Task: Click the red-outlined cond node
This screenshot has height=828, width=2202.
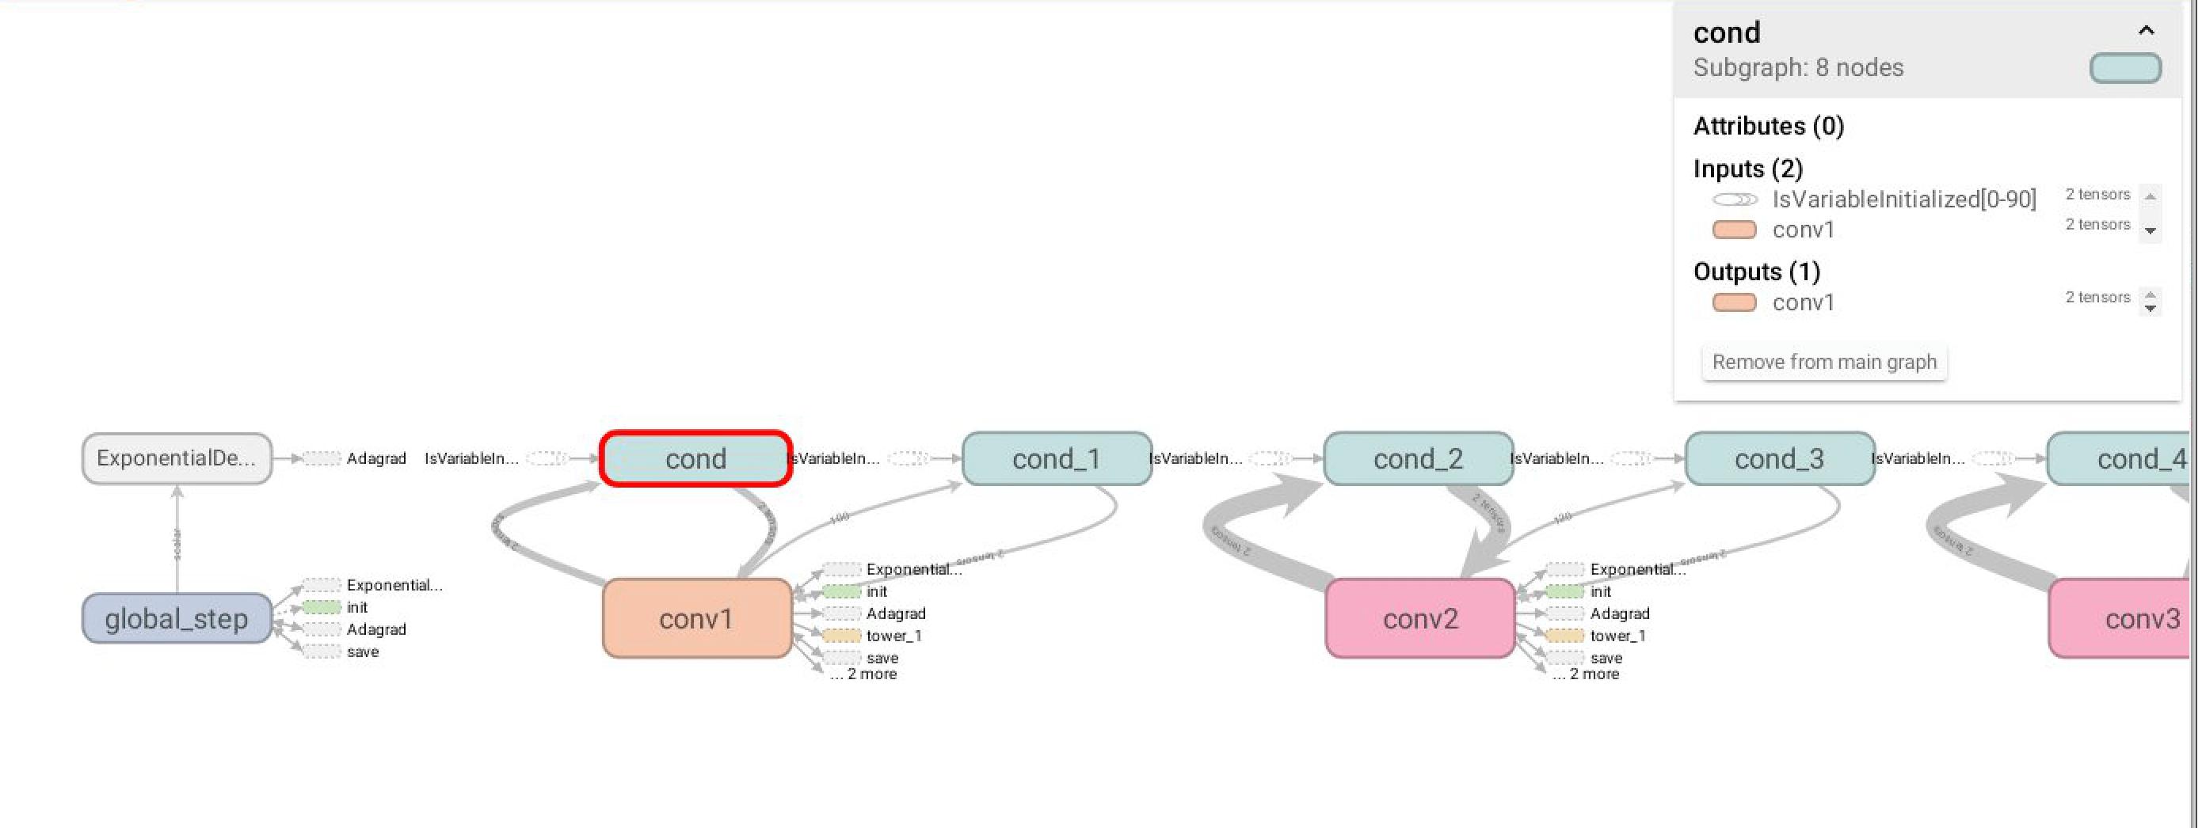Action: coord(695,459)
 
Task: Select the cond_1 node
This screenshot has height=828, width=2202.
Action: coord(1056,459)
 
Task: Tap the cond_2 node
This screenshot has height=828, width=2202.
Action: coord(1417,459)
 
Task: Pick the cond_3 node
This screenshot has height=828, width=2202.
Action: coord(1779,459)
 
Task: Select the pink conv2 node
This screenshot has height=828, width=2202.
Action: coord(1420,619)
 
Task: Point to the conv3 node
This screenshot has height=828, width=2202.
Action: coord(2128,619)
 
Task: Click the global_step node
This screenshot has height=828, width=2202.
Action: coord(176,617)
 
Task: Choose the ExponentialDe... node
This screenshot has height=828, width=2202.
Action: coord(176,458)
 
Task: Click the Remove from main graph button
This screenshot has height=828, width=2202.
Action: coord(1823,363)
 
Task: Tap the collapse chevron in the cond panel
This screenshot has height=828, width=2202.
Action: coord(2146,31)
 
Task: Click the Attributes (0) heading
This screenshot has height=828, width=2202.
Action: coord(1768,127)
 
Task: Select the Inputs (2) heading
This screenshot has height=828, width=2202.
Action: coord(1747,169)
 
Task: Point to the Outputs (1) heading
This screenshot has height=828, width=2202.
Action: coord(1756,272)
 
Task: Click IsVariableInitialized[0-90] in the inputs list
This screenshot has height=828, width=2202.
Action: coord(1903,199)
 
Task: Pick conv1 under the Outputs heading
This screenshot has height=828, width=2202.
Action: coord(1803,302)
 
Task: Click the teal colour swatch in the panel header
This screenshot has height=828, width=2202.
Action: coord(2124,68)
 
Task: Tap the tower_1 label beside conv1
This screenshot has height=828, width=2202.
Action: coord(893,636)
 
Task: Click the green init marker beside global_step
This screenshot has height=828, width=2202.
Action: coord(322,607)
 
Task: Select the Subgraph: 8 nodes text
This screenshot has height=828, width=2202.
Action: coord(1798,67)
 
